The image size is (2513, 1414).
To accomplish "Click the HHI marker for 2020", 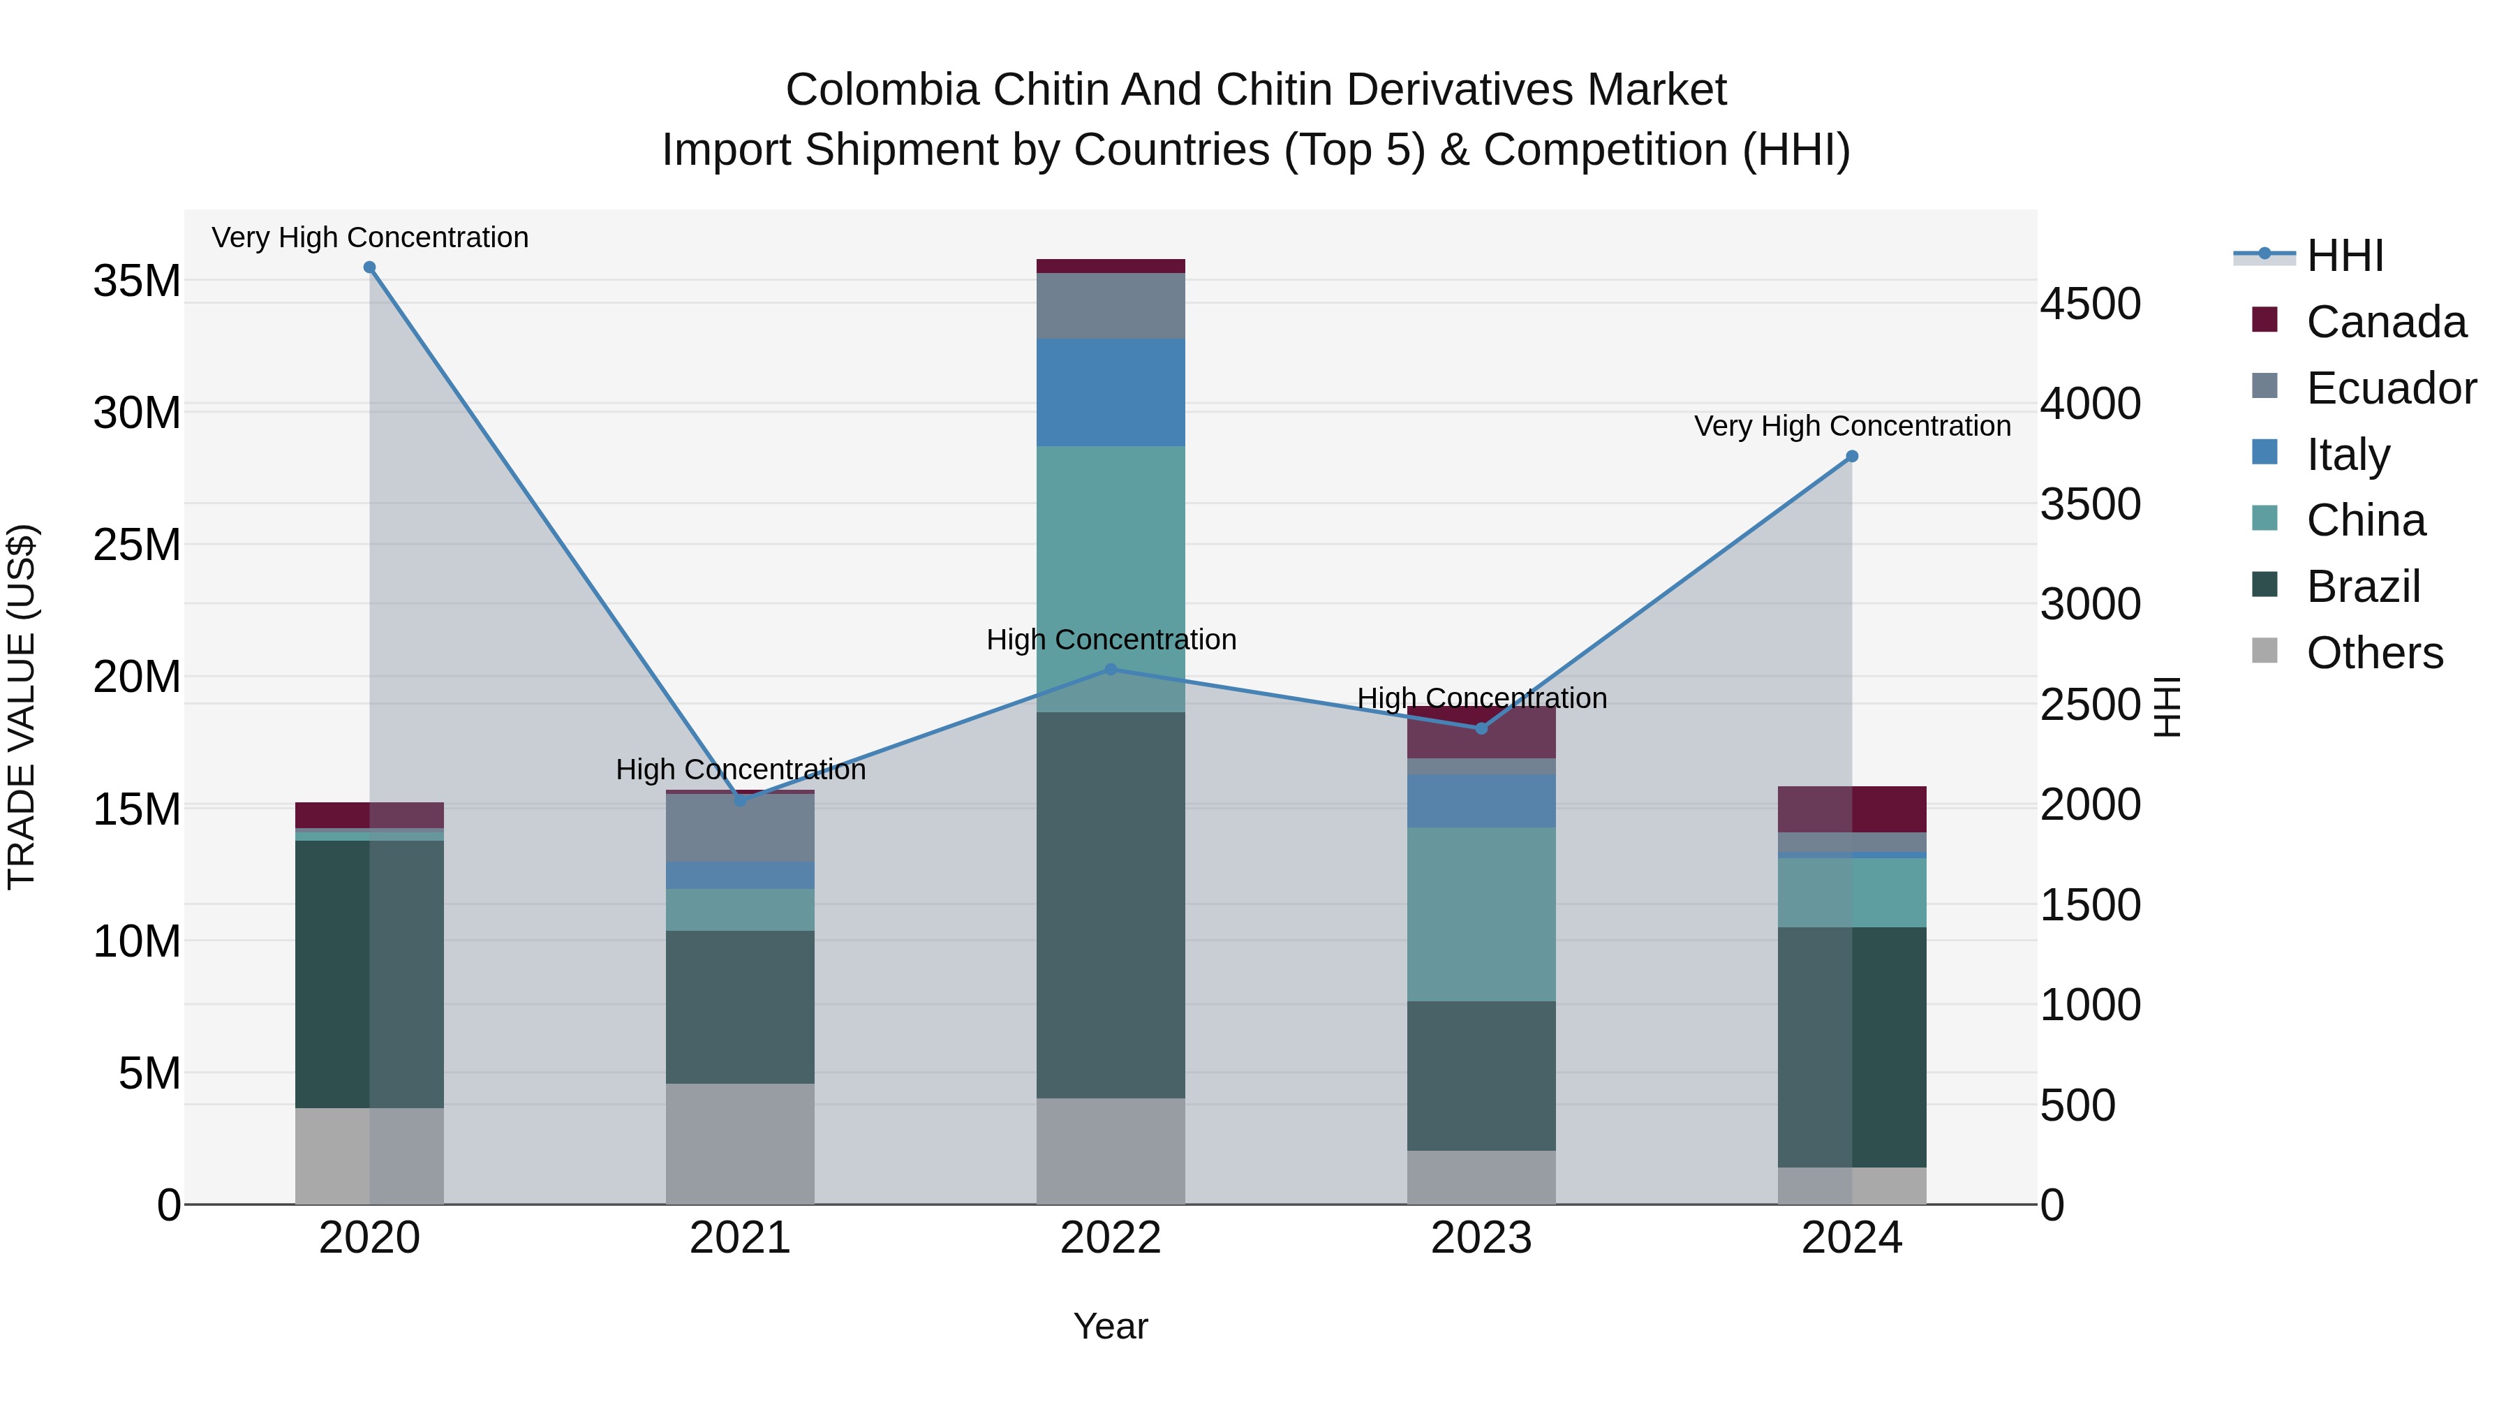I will click(x=370, y=267).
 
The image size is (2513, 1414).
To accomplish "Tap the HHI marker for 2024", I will click(x=1851, y=457).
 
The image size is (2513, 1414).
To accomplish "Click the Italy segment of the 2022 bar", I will click(x=1110, y=392).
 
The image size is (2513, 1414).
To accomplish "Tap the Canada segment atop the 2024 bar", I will click(x=1851, y=809).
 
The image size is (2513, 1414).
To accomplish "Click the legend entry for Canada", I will click(x=2385, y=322).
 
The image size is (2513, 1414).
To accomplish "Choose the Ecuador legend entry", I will click(x=2390, y=388).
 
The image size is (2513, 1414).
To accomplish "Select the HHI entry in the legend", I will click(x=2344, y=256).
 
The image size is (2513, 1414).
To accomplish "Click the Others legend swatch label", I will click(x=2373, y=653).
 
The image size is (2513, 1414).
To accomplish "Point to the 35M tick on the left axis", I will click(x=137, y=281).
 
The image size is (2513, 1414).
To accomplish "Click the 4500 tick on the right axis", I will click(x=2091, y=304).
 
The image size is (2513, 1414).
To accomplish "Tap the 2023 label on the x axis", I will click(x=1481, y=1238).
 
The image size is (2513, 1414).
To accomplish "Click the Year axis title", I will click(x=1110, y=1326).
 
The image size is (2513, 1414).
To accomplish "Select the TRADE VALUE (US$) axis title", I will click(x=22, y=707).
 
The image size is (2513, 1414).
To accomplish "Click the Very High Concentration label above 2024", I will click(x=1851, y=427).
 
